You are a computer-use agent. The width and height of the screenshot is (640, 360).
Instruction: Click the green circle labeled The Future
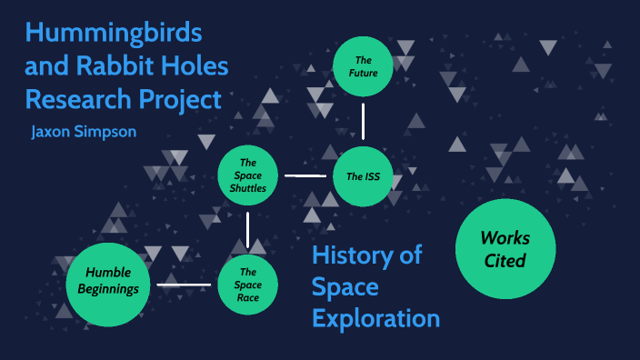(363, 66)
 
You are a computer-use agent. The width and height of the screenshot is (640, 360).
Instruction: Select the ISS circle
(363, 175)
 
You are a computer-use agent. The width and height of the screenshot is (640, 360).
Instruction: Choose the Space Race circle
(247, 285)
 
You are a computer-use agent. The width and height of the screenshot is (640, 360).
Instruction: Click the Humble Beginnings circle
(106, 285)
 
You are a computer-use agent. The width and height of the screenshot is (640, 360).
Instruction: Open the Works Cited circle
(505, 249)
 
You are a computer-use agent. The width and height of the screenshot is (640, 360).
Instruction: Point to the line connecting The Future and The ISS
(363, 120)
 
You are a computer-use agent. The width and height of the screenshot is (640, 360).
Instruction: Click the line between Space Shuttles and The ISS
(305, 175)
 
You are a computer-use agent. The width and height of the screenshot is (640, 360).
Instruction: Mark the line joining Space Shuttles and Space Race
(247, 230)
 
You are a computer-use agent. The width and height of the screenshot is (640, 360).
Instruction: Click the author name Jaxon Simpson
(84, 131)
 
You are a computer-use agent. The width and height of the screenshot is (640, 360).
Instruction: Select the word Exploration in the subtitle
(375, 318)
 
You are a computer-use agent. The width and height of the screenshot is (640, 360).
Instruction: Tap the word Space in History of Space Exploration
(345, 287)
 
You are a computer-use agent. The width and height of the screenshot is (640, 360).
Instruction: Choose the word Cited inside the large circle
(505, 261)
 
